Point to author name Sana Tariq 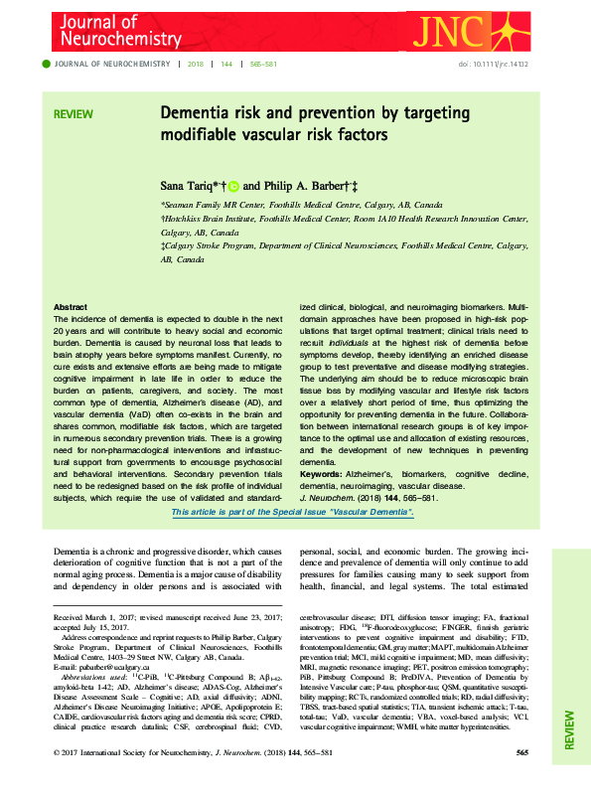pos(192,185)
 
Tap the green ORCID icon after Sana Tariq pos(233,185)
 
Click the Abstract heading pos(70,308)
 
